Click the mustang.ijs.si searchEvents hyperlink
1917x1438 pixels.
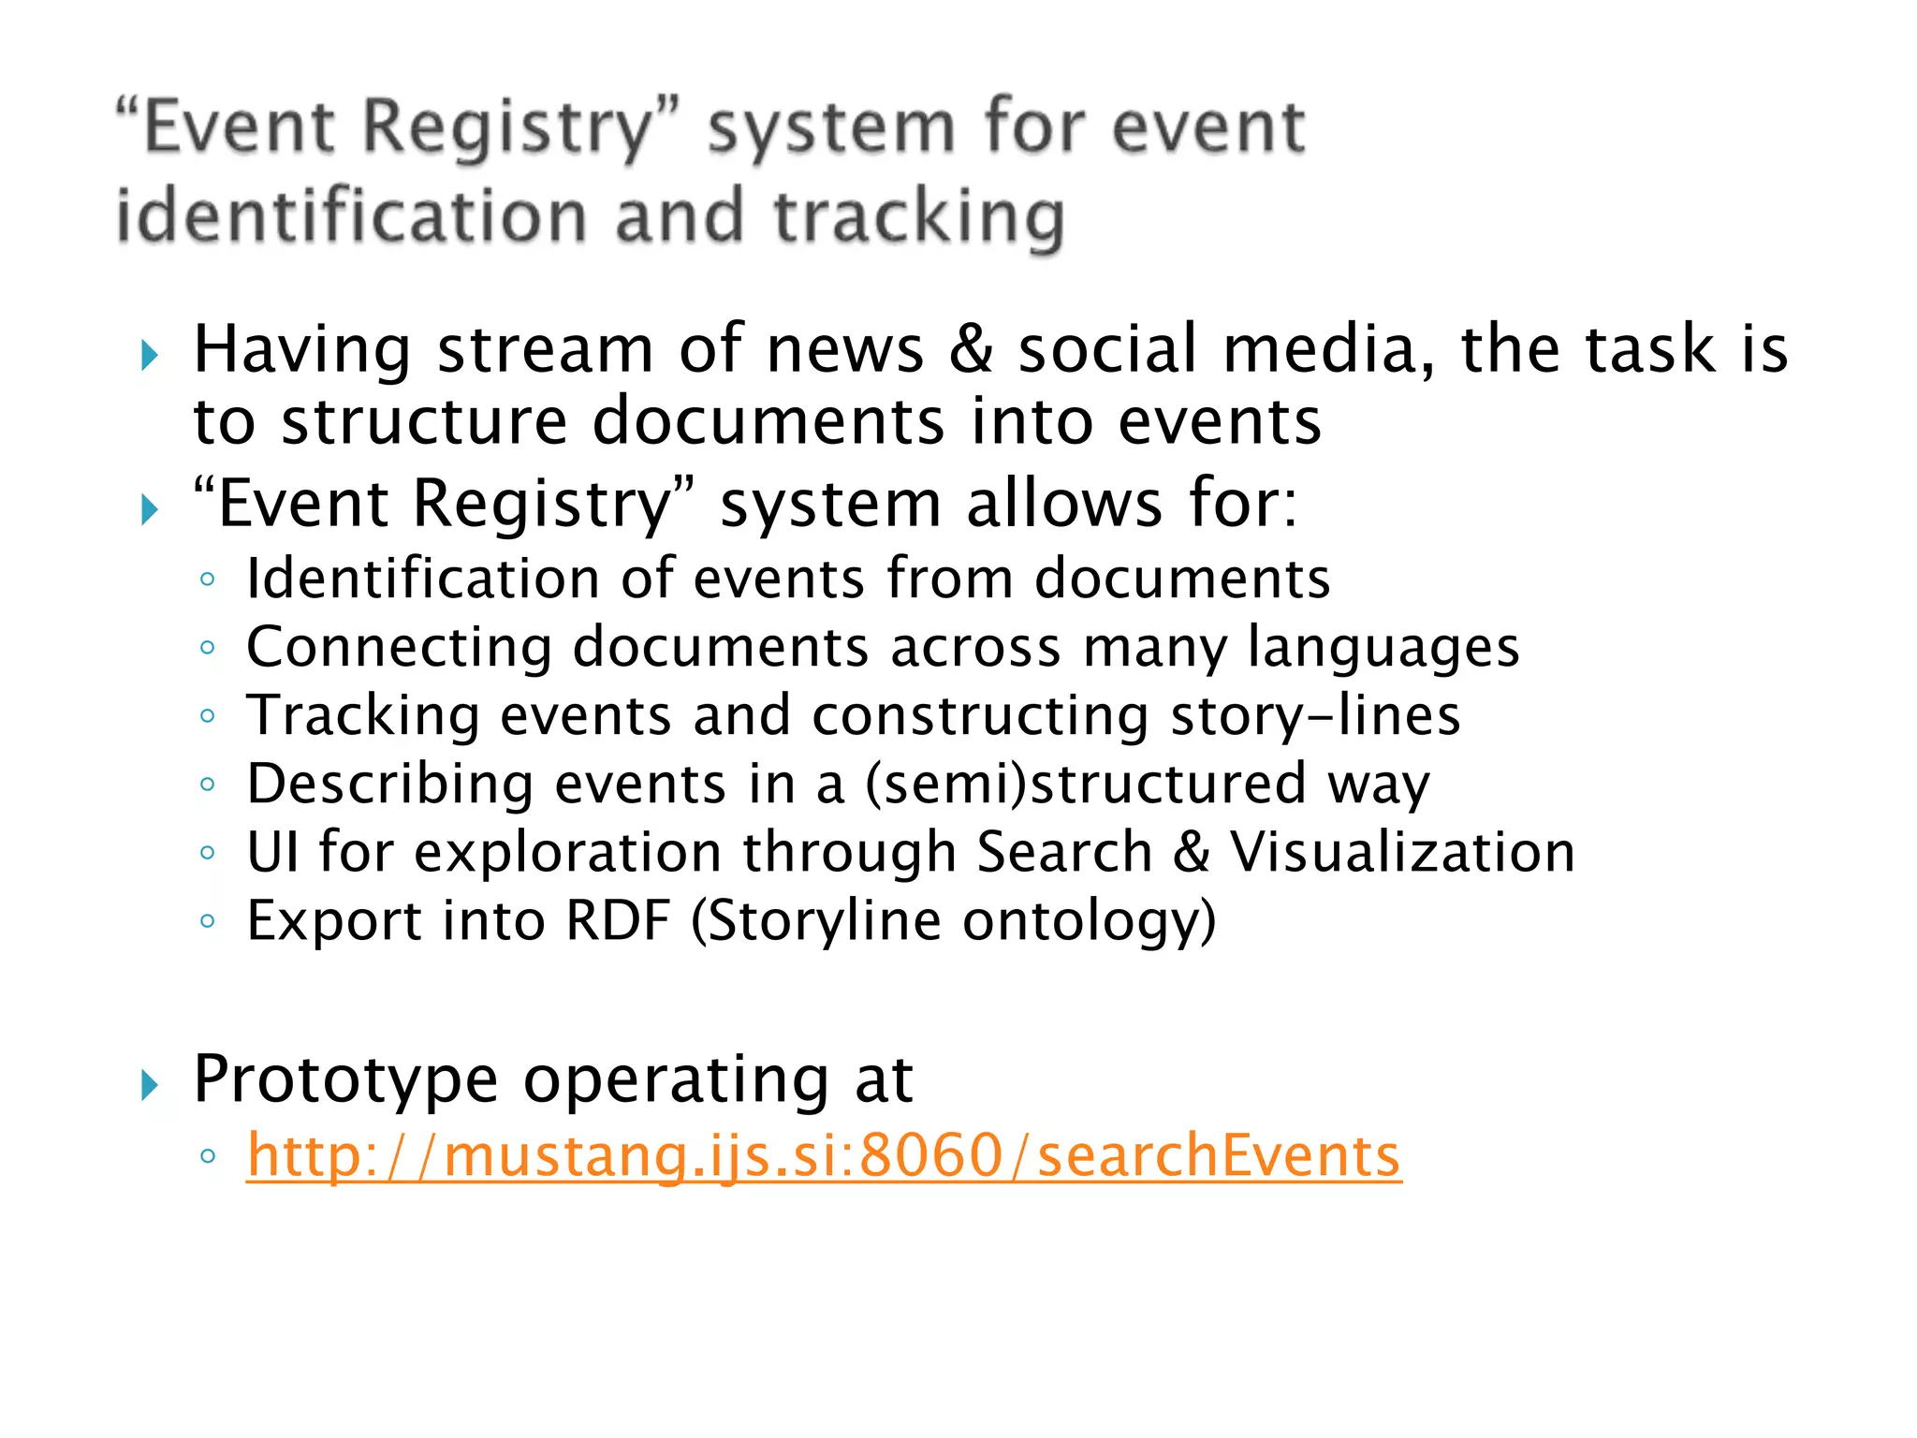tap(824, 1155)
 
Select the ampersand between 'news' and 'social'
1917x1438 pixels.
tap(971, 349)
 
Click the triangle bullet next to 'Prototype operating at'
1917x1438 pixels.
tap(149, 1086)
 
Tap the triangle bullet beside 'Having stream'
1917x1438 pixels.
tap(149, 356)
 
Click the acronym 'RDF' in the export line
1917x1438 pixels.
tap(619, 920)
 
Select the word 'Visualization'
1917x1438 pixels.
tap(1402, 852)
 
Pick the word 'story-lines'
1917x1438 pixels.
tap(1315, 715)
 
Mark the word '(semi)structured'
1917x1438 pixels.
tap(1086, 784)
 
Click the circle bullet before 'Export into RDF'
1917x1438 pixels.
tap(208, 921)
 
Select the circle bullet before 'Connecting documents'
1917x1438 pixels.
tap(208, 647)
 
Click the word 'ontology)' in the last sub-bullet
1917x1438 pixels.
tap(1090, 921)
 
